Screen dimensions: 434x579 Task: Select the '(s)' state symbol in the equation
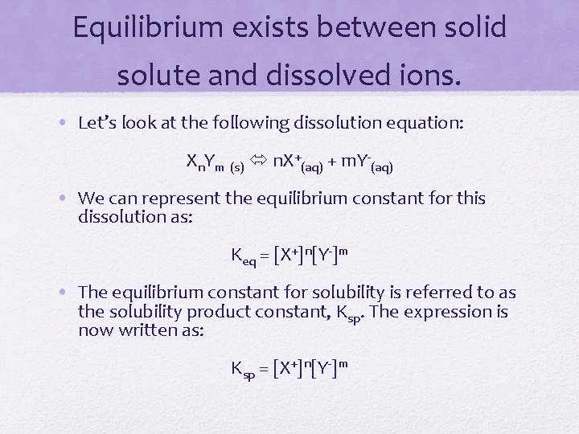coord(237,167)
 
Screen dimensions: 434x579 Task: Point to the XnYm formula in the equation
coord(205,162)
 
